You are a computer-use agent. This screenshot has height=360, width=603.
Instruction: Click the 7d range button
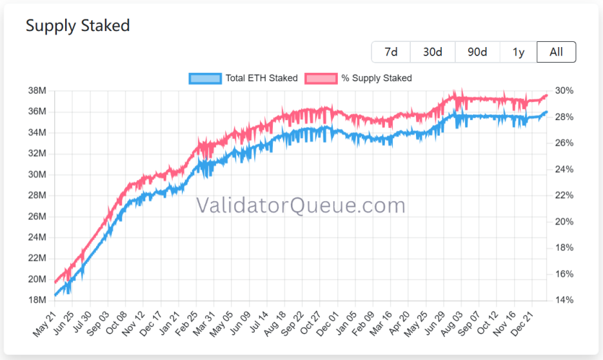[391, 52]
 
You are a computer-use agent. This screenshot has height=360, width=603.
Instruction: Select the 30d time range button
[433, 52]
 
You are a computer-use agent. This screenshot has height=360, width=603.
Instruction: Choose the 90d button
[477, 52]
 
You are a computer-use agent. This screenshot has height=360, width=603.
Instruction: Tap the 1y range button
[519, 52]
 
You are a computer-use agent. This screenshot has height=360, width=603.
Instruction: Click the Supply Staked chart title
[77, 25]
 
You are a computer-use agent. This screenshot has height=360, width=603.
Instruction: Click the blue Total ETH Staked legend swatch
[205, 78]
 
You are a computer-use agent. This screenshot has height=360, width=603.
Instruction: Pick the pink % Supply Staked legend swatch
[321, 78]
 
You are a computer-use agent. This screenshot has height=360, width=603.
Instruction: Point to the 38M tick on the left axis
[37, 91]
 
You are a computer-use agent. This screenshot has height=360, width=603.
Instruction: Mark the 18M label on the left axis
[37, 300]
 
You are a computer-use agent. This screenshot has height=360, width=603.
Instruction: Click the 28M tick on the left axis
[37, 195]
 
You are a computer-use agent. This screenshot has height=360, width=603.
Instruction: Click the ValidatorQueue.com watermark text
[301, 206]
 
